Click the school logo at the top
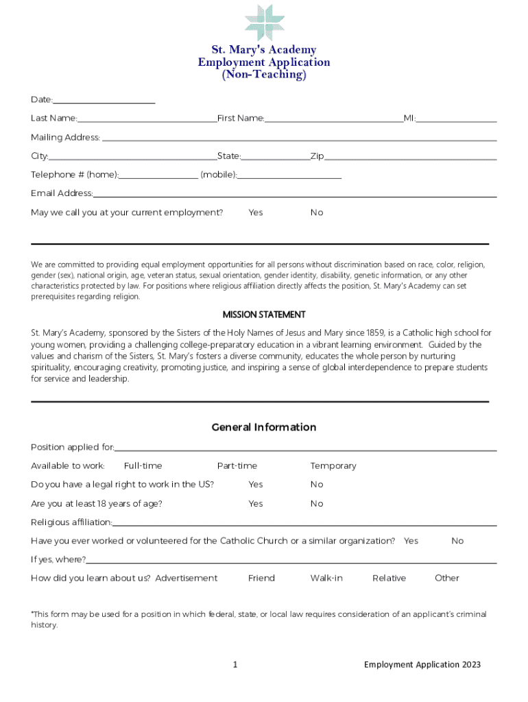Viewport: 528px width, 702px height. [x=265, y=22]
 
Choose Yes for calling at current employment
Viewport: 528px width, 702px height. [x=256, y=213]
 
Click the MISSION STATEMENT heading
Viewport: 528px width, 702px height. [x=264, y=315]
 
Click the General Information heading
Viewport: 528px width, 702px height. [x=264, y=427]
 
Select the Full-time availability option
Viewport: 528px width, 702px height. [x=143, y=466]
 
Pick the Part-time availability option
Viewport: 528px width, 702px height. [x=237, y=466]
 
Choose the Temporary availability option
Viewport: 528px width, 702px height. [x=333, y=466]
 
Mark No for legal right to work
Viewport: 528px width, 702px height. [x=317, y=485]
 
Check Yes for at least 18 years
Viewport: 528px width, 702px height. [x=256, y=504]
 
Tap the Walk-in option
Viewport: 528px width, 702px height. [x=326, y=578]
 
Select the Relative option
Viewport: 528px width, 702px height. [x=389, y=578]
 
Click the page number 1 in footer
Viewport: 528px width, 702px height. [x=235, y=664]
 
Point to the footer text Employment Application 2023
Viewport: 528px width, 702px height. [x=422, y=664]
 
